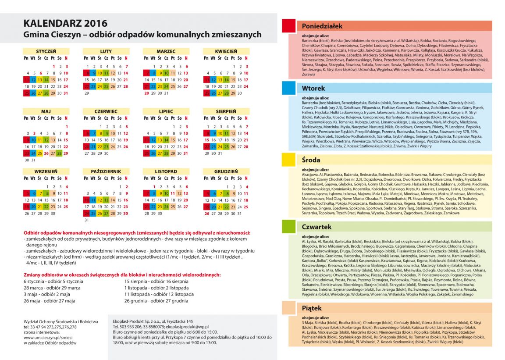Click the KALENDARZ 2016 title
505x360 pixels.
pos(65,24)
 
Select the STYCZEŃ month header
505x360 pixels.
pos(46,51)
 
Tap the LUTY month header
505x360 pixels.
pos(106,51)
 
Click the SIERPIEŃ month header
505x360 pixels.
pos(226,111)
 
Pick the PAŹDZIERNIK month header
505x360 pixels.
pos(106,171)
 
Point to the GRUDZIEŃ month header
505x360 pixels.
pos(226,171)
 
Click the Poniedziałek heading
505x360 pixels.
pos(322,26)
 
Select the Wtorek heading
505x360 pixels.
pos(313,88)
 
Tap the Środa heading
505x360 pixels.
pos(312,160)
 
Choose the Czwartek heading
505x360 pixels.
pos(317,227)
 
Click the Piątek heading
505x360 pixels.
pos(312,308)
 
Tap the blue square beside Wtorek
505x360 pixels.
pos(288,88)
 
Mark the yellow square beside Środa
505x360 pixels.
pos(288,160)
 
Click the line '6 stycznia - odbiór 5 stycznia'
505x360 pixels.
pos(53,281)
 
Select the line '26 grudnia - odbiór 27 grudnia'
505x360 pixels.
pos(156,301)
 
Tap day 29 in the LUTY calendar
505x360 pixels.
pos(87,93)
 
